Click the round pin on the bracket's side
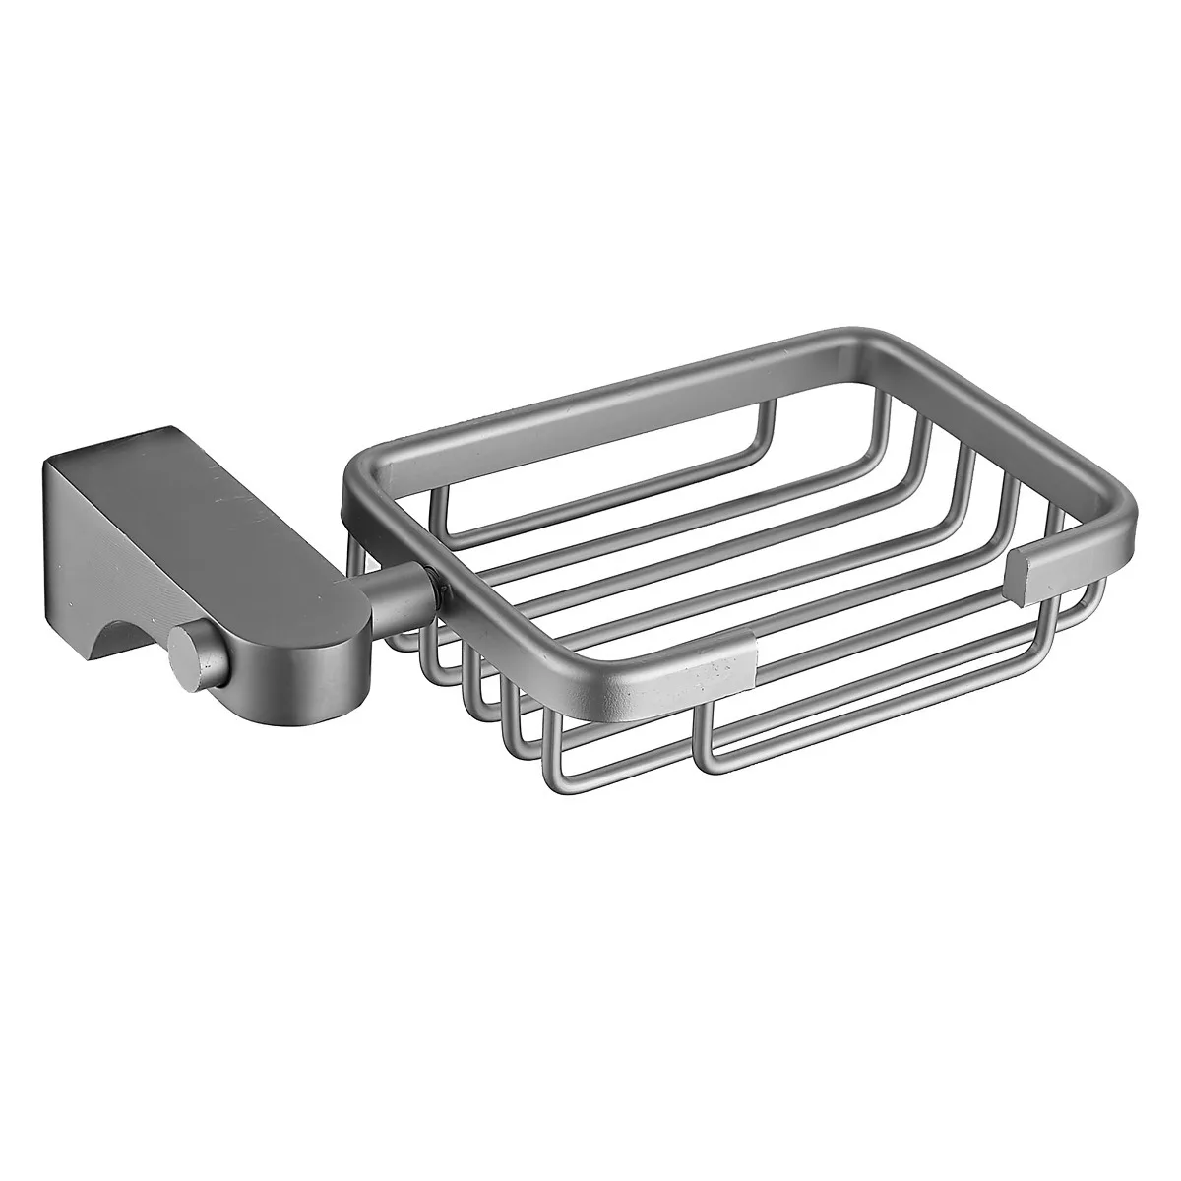pos(187,651)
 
